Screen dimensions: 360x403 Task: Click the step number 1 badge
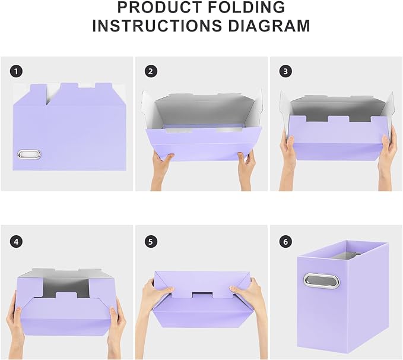[x=16, y=71]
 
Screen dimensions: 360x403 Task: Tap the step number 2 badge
[x=151, y=71]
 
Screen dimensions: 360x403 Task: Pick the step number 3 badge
[x=285, y=71]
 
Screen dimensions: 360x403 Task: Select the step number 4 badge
[x=16, y=241]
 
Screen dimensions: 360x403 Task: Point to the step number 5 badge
[x=151, y=241]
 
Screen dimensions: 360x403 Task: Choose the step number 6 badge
[x=285, y=241]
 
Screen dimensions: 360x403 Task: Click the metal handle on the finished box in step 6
[x=314, y=280]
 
